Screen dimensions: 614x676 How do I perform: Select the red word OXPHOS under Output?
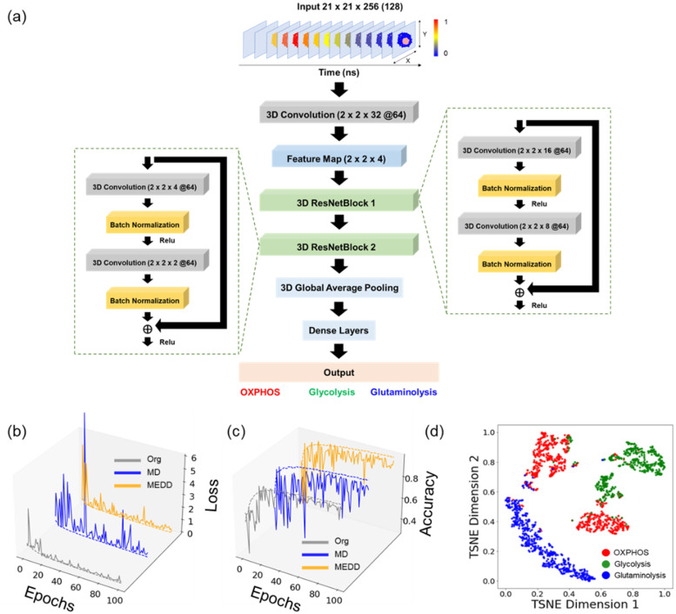click(x=262, y=393)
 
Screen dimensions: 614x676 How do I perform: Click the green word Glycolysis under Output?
click(x=335, y=393)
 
